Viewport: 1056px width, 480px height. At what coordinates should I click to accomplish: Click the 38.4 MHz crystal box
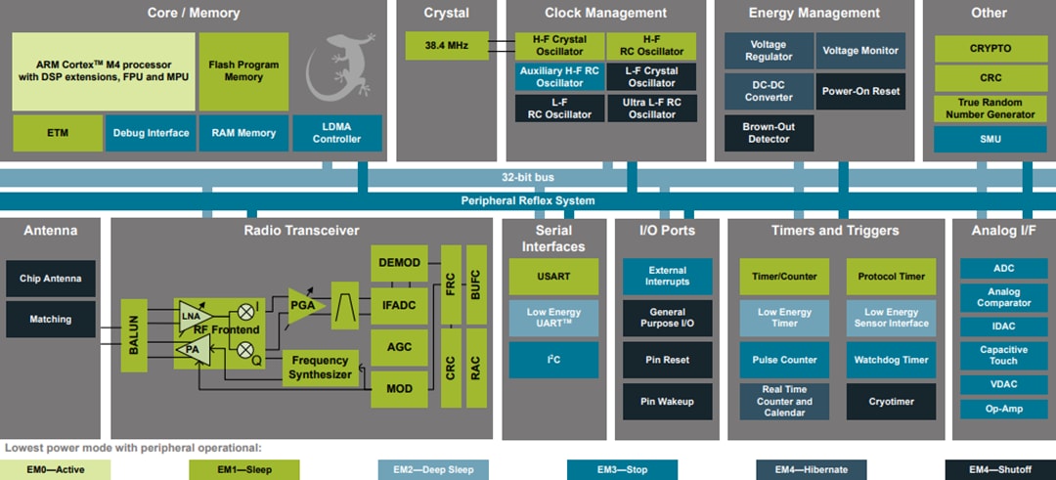click(447, 46)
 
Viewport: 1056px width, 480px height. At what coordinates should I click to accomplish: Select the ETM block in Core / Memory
click(57, 133)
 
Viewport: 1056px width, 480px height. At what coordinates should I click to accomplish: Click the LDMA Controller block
click(336, 133)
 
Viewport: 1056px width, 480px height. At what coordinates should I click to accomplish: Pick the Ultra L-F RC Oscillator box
click(652, 108)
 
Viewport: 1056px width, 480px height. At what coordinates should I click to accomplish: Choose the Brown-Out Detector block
click(769, 133)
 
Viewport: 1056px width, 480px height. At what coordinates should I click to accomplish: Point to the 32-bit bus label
click(528, 177)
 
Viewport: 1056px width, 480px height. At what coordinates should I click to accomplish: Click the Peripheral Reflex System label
click(528, 200)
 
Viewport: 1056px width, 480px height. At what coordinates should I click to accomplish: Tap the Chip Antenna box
click(51, 279)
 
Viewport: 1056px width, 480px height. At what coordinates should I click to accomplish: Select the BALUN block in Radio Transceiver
click(133, 334)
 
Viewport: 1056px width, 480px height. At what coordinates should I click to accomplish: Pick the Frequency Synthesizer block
click(320, 367)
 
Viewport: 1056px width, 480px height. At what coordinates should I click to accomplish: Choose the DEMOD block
click(398, 263)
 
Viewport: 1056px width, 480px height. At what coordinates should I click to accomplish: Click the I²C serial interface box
click(553, 360)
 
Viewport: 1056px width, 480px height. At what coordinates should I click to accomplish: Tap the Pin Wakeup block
click(668, 401)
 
